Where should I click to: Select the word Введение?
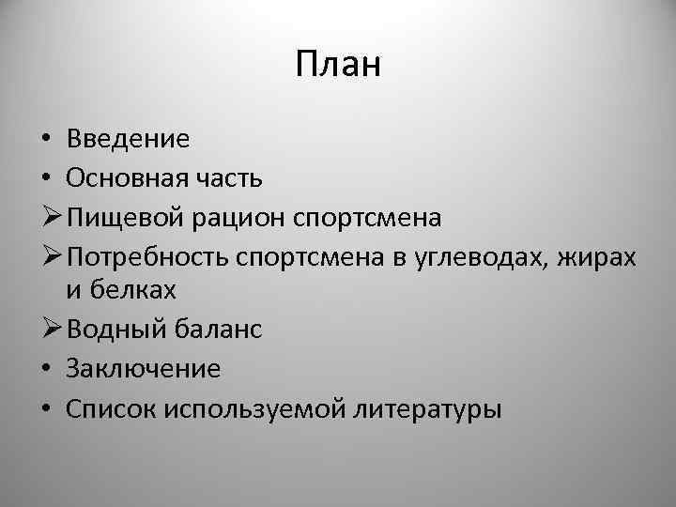coord(128,139)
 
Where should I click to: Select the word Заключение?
coord(144,369)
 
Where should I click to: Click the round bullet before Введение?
coord(46,141)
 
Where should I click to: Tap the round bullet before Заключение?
coord(46,370)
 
